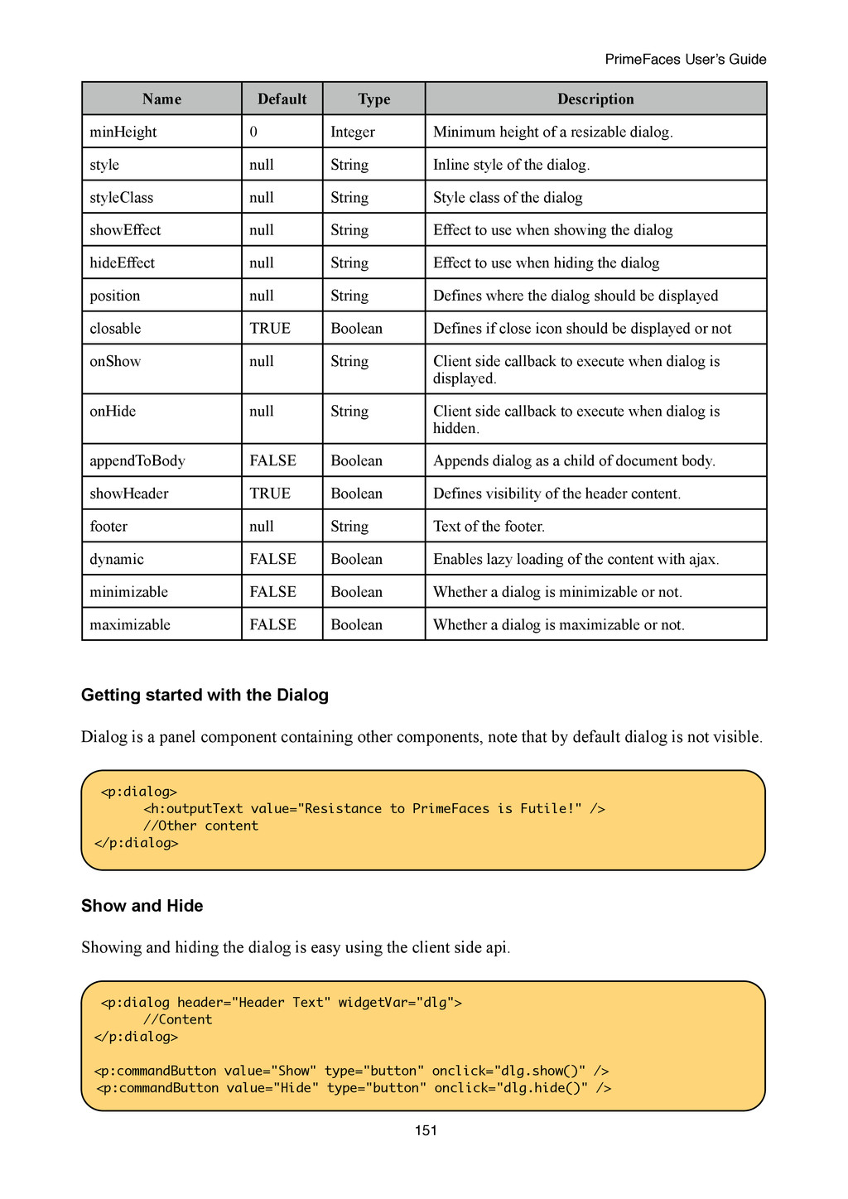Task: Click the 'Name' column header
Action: click(161, 99)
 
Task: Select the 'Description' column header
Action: click(595, 99)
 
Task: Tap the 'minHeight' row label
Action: click(123, 132)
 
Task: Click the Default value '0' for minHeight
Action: click(253, 132)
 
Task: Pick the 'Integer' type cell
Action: click(353, 132)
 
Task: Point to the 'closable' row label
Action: click(115, 329)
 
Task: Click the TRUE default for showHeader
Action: click(270, 494)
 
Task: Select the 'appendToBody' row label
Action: click(137, 461)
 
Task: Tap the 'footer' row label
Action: click(108, 527)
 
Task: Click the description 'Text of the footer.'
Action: click(489, 527)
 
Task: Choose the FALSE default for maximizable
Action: click(272, 625)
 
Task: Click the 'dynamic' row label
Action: click(117, 560)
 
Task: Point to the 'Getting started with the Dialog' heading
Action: click(205, 696)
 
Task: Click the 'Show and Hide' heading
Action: click(142, 906)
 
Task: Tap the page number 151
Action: click(426, 1131)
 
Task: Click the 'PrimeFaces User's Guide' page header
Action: click(686, 60)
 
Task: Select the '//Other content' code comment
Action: click(200, 826)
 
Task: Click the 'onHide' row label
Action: click(113, 412)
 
